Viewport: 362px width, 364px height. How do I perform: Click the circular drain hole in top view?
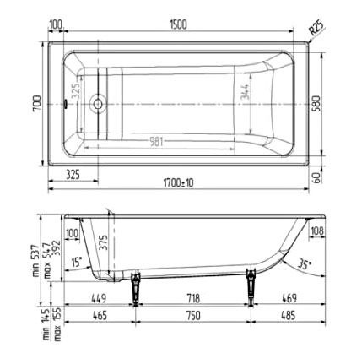click(97, 105)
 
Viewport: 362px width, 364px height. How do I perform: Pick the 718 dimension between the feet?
click(193, 297)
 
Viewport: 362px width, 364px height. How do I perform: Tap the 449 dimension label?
click(99, 297)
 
